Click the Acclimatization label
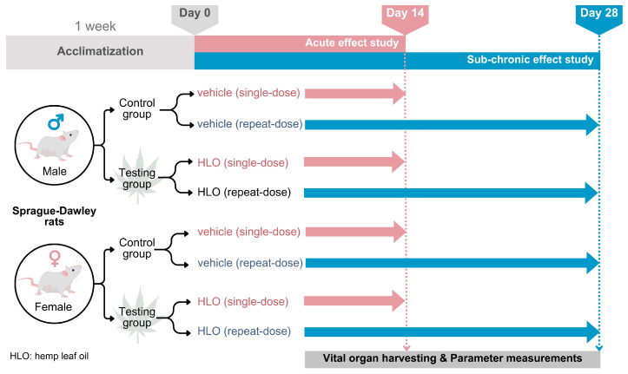[100, 51]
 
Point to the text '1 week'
[96, 26]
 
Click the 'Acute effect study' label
[352, 43]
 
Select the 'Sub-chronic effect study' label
[530, 60]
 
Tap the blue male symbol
[56, 122]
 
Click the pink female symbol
[55, 259]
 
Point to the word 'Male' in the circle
[55, 171]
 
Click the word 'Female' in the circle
[53, 307]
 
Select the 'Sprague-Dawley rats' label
[54, 216]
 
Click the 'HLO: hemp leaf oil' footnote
[50, 356]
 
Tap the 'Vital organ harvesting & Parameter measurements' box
[453, 358]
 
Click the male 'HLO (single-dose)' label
[242, 163]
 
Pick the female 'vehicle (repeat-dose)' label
[250, 263]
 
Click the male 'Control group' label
[137, 108]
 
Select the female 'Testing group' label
[137, 318]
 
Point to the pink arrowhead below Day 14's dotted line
[407, 348]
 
